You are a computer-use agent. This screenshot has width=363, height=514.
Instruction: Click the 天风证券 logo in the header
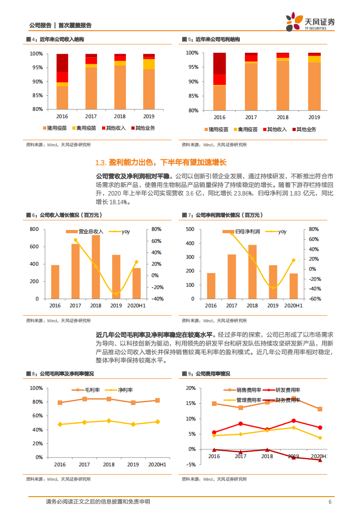point(310,21)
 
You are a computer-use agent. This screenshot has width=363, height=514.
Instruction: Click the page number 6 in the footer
point(330,502)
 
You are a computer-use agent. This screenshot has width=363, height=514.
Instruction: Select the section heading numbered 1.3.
point(161,163)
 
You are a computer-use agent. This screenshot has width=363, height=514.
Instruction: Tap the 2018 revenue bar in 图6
point(96,267)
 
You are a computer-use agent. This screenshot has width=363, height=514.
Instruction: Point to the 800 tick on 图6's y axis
point(35,229)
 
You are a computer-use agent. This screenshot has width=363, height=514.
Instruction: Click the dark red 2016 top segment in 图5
point(219,63)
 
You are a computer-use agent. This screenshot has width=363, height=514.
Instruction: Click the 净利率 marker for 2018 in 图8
point(108,421)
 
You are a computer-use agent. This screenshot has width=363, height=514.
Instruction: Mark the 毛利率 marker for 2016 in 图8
point(60,403)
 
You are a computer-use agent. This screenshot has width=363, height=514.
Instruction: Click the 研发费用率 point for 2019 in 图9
point(293,421)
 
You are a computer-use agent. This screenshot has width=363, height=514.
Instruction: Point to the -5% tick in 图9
point(191,465)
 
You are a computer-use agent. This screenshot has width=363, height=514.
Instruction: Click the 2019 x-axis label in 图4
point(149,116)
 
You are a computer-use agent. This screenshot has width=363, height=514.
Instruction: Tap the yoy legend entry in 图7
point(278,232)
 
